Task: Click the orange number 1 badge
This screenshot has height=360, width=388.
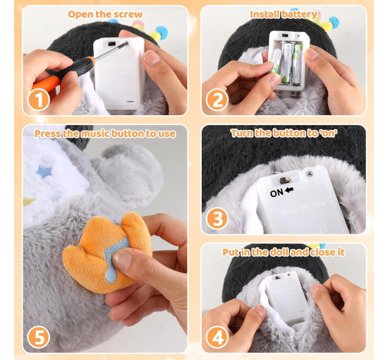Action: tap(39, 100)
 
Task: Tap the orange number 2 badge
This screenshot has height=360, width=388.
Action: tap(217, 100)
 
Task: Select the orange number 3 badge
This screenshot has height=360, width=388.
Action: tap(217, 219)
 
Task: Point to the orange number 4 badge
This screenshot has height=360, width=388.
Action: tap(217, 337)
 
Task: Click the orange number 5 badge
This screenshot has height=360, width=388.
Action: tap(39, 337)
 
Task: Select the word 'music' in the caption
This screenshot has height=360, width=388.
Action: tap(95, 133)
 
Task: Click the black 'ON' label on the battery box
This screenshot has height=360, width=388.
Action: tap(277, 193)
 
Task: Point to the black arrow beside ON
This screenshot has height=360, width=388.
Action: tap(289, 190)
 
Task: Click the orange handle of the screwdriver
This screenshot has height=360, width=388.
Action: tap(45, 84)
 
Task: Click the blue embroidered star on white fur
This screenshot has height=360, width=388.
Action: tap(44, 172)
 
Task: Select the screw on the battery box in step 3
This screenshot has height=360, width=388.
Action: tap(309, 174)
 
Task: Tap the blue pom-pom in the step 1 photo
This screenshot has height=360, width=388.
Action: tap(162, 32)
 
